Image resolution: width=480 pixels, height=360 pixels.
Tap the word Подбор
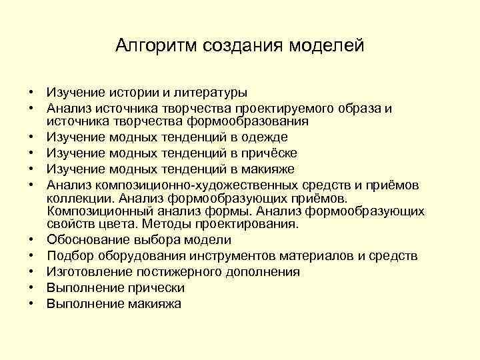pyautogui.click(x=70, y=256)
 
